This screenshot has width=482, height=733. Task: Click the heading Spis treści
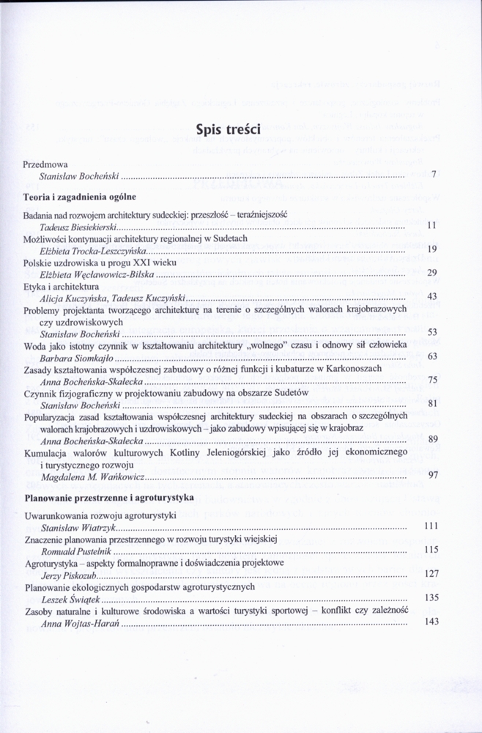coord(229,130)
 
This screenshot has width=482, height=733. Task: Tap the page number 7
coord(434,175)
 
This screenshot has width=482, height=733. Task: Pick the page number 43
coord(431,296)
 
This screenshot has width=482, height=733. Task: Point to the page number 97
coord(432,475)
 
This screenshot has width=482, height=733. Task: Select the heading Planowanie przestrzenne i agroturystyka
coord(108,497)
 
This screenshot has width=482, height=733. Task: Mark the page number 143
coord(431,622)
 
